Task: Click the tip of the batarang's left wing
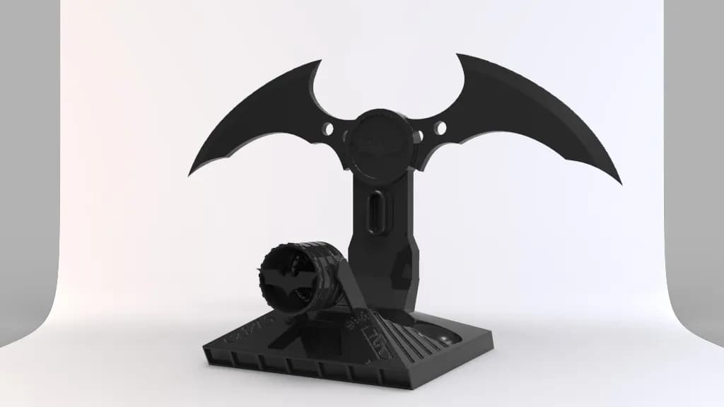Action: click(x=189, y=175)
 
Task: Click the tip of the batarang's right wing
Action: click(x=620, y=182)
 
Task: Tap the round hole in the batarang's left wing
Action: click(x=327, y=129)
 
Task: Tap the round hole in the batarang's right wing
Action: click(x=440, y=128)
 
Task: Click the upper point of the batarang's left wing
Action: click(x=317, y=61)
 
